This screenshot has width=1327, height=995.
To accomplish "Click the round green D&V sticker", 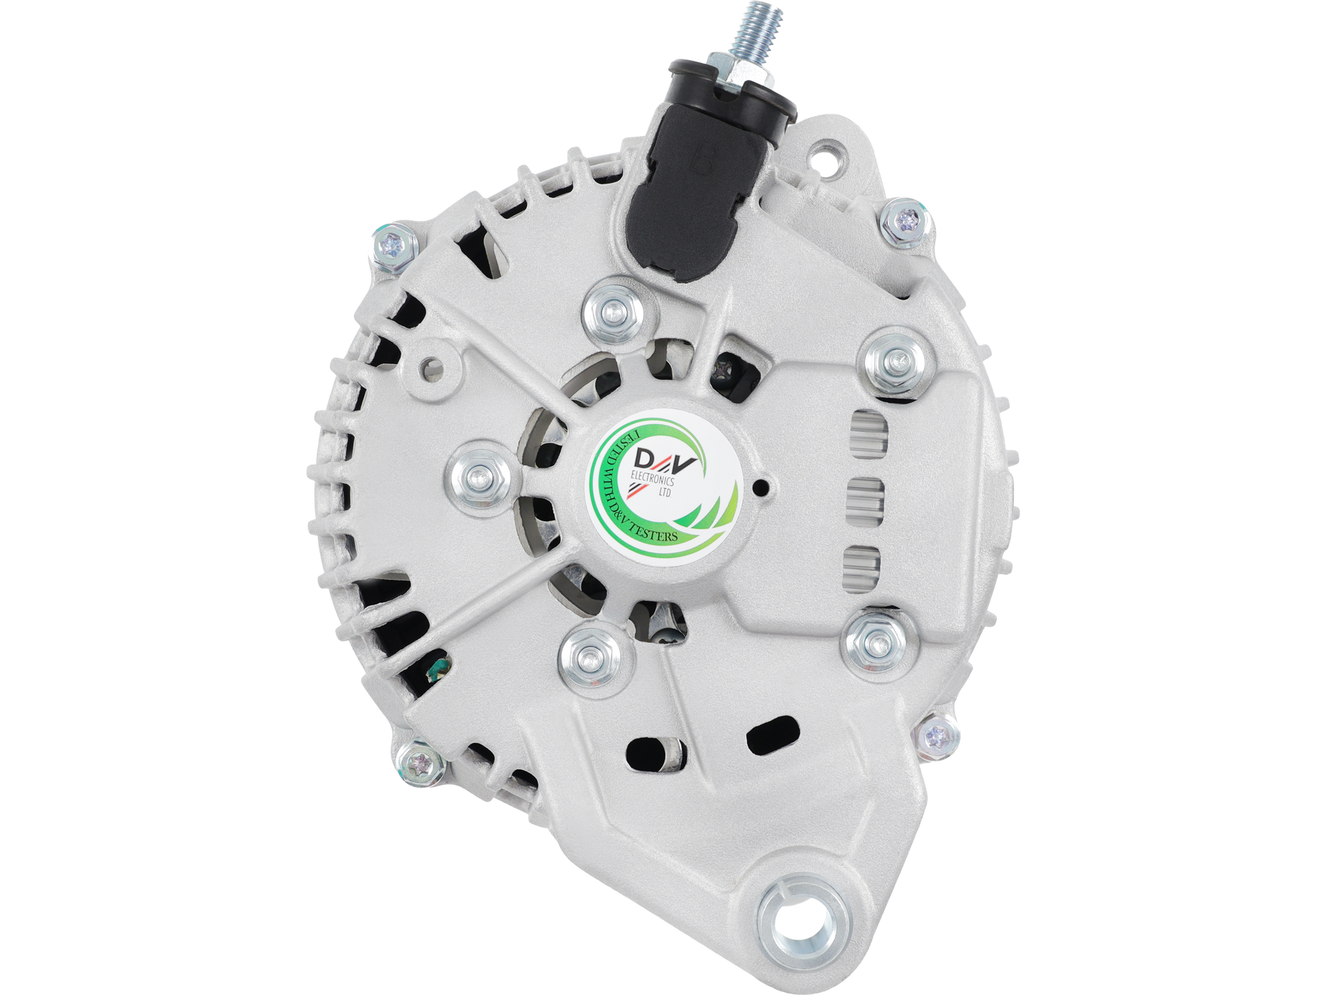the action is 664,483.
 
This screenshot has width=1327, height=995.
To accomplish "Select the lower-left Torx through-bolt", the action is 419,763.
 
